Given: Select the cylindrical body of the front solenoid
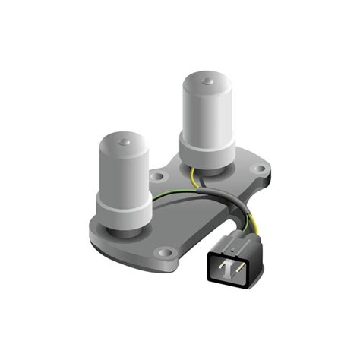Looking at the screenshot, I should (122, 171).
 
